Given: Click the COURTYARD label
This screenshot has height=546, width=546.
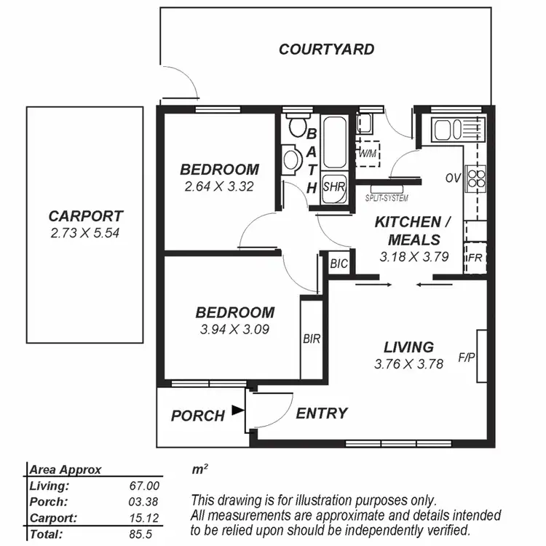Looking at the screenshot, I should click(x=327, y=50).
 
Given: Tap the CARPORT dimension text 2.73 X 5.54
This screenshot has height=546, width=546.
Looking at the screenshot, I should click(x=85, y=234).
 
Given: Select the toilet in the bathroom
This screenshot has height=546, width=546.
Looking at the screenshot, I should click(x=297, y=128).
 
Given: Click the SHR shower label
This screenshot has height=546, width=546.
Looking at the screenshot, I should click(x=333, y=186).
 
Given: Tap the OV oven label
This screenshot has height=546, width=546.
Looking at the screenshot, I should click(x=452, y=178).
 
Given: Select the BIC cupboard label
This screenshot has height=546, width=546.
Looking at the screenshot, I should click(x=339, y=264).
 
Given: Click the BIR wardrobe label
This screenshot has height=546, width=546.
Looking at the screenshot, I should click(x=311, y=339).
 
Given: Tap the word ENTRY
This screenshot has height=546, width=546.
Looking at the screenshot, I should click(x=321, y=414).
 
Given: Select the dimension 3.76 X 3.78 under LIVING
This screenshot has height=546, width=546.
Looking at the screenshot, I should click(x=408, y=365).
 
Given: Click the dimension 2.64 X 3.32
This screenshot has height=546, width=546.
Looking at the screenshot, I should click(x=218, y=186).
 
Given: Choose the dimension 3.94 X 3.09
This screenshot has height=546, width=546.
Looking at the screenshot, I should click(x=234, y=329).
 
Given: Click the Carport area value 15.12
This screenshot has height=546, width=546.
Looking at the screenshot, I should click(x=144, y=518).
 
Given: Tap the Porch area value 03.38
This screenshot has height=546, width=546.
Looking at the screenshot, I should click(x=144, y=502).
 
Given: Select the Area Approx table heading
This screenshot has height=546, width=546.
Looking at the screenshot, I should click(x=66, y=470).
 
